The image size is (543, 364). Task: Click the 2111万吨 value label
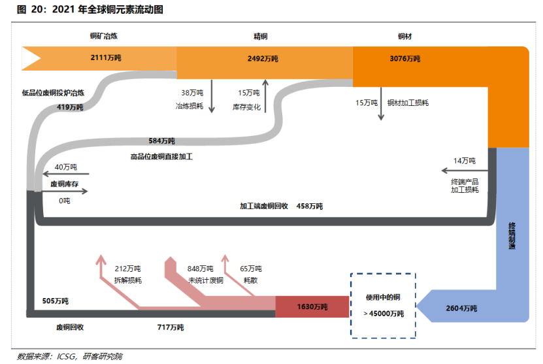pyautogui.click(x=107, y=58)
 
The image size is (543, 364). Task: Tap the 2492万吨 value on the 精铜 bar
pyautogui.click(x=263, y=59)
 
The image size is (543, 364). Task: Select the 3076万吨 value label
pyautogui.click(x=405, y=59)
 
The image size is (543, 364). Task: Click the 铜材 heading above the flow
pyautogui.click(x=405, y=37)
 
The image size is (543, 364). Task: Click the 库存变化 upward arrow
pyautogui.click(x=265, y=95)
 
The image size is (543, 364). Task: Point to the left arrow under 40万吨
pyautogui.click(x=65, y=174)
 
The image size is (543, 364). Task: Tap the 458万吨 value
pyautogui.click(x=309, y=206)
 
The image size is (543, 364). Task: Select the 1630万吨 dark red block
pyautogui.click(x=312, y=306)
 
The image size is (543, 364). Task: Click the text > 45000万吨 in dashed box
pyautogui.click(x=384, y=314)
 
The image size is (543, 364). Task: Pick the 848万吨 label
pyautogui.click(x=201, y=269)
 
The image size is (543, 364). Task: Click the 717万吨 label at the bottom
pyautogui.click(x=171, y=327)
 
